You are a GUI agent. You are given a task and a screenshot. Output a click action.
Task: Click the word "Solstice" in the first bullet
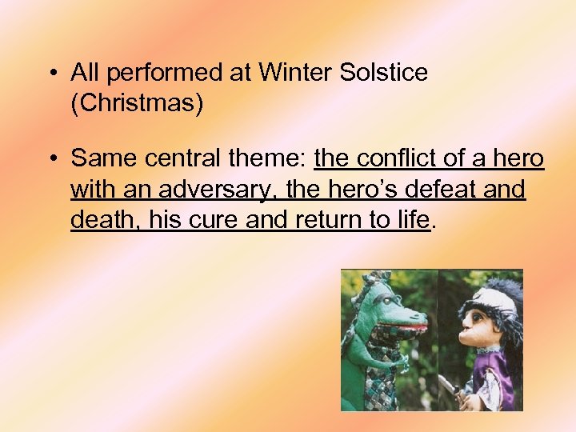(384, 73)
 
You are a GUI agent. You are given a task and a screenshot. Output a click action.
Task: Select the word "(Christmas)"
(137, 103)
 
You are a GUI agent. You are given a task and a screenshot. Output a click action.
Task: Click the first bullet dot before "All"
(52, 73)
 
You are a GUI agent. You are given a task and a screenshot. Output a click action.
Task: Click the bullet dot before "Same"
(52, 159)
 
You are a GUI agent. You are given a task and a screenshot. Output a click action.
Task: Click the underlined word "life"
(415, 220)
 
